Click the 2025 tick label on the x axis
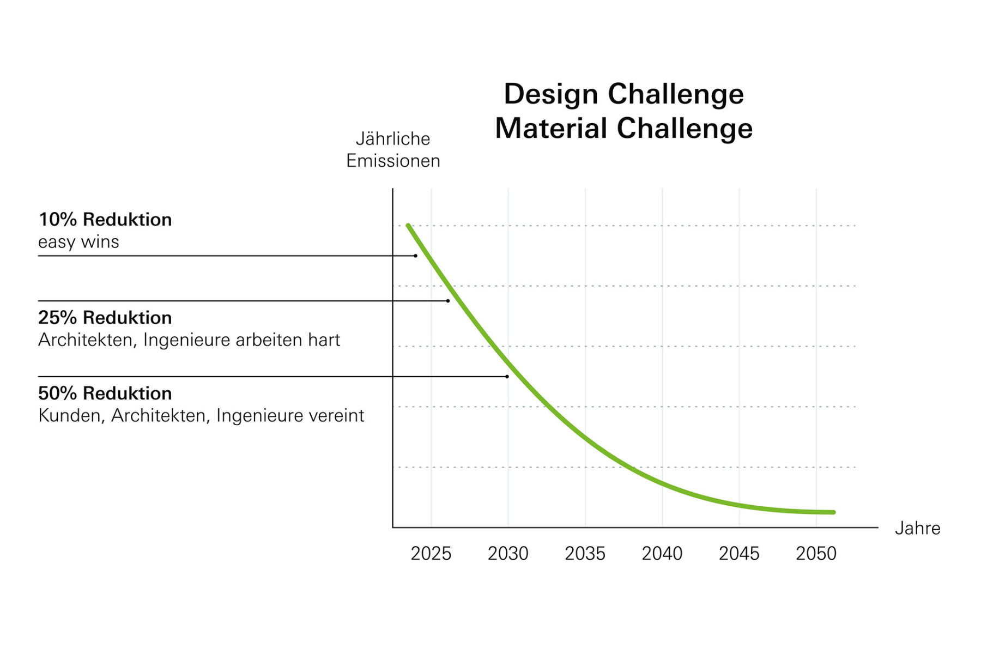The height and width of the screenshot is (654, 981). tap(431, 554)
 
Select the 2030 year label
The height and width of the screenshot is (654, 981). tap(508, 554)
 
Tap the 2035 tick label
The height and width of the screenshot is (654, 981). tap(585, 554)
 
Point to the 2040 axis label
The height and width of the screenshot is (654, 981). tap(662, 554)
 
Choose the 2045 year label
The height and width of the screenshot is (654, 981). tap(739, 554)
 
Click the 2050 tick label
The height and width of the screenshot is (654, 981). tap(816, 554)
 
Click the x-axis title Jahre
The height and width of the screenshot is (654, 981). tap(917, 528)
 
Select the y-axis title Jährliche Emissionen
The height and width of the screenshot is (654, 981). tap(393, 150)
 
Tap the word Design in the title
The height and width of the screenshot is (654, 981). tap(551, 94)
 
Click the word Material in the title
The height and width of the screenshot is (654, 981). tap(551, 129)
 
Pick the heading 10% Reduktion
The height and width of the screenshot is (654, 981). tap(105, 220)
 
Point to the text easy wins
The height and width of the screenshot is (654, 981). tap(78, 242)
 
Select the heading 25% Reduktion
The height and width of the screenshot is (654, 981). tap(105, 318)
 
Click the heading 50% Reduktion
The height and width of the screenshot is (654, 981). tap(105, 393)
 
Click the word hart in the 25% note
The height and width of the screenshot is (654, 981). tap(324, 340)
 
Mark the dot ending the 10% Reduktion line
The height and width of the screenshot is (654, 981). tap(415, 256)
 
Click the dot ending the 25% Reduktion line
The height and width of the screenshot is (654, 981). tap(448, 301)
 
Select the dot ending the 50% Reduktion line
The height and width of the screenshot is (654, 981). tap(507, 377)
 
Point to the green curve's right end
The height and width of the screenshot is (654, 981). tap(833, 512)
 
